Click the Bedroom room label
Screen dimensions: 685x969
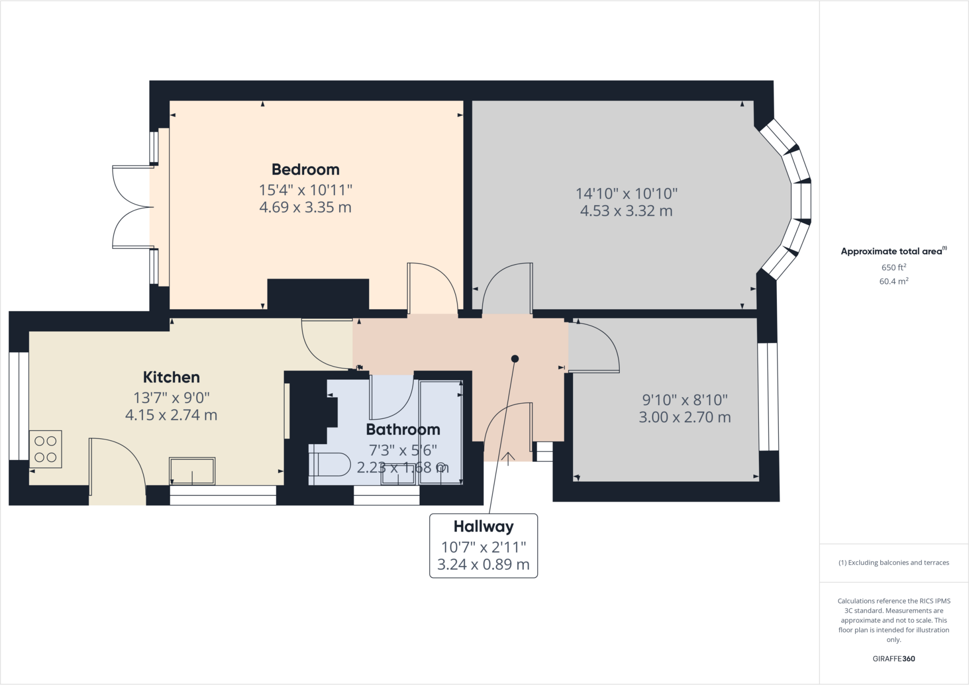click(x=305, y=169)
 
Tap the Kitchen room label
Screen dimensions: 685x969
click(x=171, y=377)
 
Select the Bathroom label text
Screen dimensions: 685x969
click(x=403, y=429)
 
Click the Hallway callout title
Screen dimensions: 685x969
click(x=483, y=526)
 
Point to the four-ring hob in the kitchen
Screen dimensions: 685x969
click(x=45, y=449)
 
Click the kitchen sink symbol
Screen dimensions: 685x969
click(x=192, y=471)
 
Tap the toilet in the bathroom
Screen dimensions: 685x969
click(x=329, y=465)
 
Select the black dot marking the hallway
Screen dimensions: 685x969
click(x=515, y=359)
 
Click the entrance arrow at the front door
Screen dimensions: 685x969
click(x=508, y=458)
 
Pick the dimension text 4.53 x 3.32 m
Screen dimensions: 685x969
click(x=626, y=211)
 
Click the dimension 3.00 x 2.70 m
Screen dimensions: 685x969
click(x=685, y=417)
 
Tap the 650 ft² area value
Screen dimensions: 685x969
click(x=893, y=267)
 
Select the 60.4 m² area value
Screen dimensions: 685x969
click(x=893, y=281)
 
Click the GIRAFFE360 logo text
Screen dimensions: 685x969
click(x=893, y=659)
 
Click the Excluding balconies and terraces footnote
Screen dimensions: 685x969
click(x=893, y=563)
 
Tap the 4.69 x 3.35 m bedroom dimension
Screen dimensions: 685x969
click(x=305, y=208)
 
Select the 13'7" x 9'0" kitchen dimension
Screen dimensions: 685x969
click(x=171, y=397)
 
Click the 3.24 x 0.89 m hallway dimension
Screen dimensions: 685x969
click(x=483, y=564)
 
